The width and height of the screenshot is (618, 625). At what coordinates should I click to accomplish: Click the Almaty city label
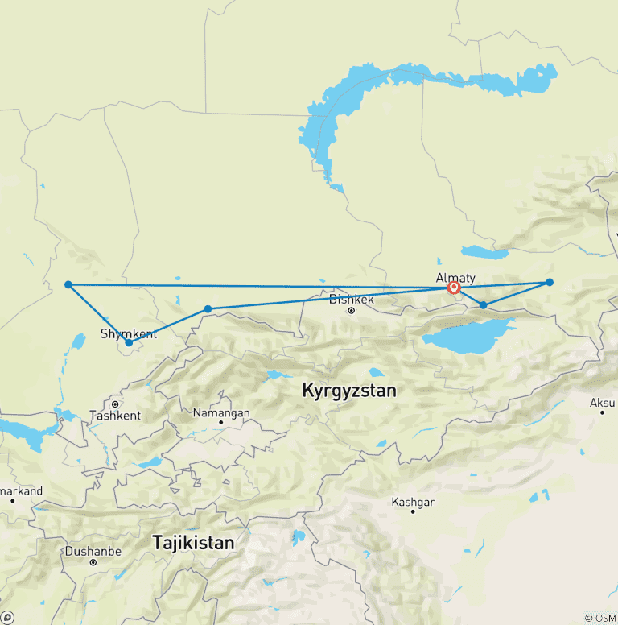[x=455, y=278]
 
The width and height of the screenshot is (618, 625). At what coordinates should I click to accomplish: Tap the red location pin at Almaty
[x=453, y=288]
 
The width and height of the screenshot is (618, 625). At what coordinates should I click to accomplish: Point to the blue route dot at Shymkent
[x=129, y=343]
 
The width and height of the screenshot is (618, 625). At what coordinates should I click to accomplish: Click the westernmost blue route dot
[x=68, y=284]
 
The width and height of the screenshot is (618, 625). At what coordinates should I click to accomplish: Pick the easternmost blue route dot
[x=550, y=282]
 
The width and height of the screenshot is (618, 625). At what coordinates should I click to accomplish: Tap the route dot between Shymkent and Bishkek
[x=208, y=309]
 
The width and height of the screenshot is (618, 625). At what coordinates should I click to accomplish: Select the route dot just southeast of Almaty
[x=483, y=305]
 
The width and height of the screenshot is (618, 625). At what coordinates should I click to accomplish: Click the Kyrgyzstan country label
[x=349, y=391]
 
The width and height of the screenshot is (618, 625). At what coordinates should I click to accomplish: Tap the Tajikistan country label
[x=194, y=544]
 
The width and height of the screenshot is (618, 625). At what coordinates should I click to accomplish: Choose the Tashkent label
[x=116, y=416]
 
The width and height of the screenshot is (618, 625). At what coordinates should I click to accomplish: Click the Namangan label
[x=221, y=412]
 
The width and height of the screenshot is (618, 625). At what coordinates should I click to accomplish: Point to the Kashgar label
[x=413, y=502]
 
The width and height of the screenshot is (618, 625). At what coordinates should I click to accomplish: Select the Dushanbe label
[x=93, y=552]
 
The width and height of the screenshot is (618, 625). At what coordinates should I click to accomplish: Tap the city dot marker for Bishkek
[x=352, y=309]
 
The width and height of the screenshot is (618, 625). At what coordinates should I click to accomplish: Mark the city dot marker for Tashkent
[x=116, y=404]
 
